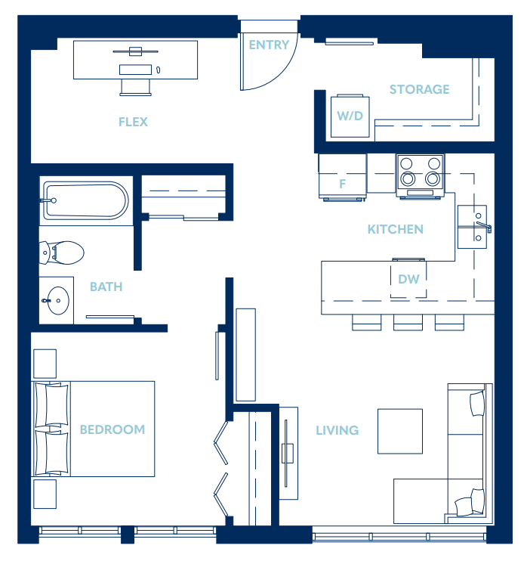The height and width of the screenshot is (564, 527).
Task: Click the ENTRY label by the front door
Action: (x=269, y=45)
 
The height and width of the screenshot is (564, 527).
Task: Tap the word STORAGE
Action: (x=419, y=89)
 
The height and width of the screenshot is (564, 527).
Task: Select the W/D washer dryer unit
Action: (x=350, y=116)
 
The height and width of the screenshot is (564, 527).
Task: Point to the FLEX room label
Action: (x=133, y=122)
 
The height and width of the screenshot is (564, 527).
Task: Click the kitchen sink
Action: (x=472, y=227)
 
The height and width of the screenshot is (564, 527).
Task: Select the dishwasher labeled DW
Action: (x=408, y=279)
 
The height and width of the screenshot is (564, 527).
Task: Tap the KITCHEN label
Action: (x=395, y=229)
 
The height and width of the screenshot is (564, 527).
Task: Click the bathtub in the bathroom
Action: (x=85, y=200)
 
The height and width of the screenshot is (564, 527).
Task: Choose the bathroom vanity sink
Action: (x=56, y=301)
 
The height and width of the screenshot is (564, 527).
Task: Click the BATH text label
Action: (x=106, y=287)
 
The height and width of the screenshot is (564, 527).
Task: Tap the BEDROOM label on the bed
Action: (x=112, y=429)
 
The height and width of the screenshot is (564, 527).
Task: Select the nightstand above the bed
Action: (x=45, y=363)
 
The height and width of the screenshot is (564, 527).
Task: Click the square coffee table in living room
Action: (x=399, y=431)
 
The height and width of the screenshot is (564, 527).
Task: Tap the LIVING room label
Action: (x=337, y=430)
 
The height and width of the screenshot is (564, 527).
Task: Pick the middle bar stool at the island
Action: (x=408, y=323)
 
